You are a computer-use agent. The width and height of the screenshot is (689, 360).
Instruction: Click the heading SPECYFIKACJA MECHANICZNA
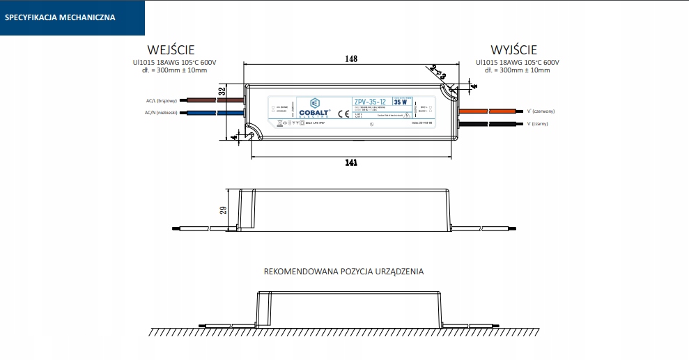[60, 17]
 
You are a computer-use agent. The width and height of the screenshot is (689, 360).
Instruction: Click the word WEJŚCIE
[171, 50]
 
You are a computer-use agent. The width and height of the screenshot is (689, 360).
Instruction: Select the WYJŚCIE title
[513, 50]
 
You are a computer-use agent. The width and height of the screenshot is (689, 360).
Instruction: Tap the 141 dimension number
[351, 163]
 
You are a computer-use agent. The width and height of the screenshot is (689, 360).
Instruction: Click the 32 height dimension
[223, 91]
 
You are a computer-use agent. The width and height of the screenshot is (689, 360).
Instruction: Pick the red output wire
[488, 111]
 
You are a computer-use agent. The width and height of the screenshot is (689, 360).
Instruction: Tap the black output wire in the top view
[488, 123]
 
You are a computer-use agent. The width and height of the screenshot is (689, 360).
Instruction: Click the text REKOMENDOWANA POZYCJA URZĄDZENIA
[343, 272]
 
